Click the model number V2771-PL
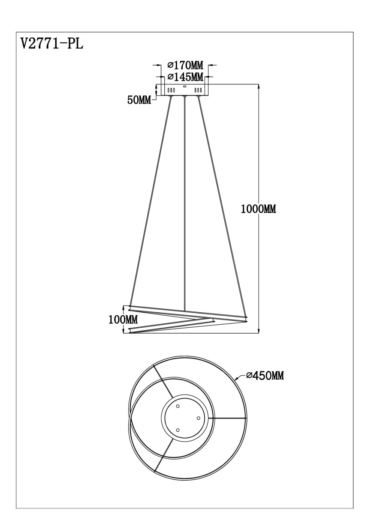[52, 44]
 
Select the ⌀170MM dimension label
[185, 66]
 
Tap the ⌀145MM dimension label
[185, 77]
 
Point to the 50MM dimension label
[139, 100]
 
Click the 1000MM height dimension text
[259, 209]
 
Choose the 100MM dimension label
[123, 320]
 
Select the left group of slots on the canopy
[171, 90]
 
